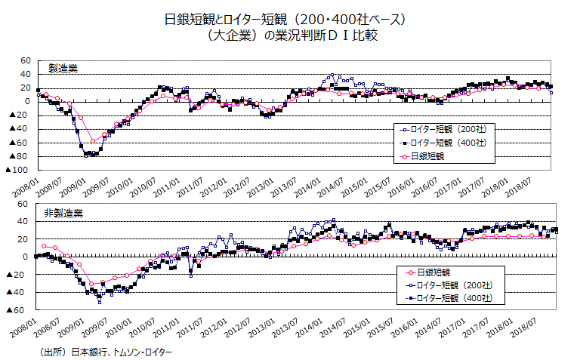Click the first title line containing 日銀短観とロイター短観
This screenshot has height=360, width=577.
pos(286,19)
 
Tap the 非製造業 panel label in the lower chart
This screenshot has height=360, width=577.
pos(65,214)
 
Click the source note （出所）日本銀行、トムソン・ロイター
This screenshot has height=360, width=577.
pos(105,352)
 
